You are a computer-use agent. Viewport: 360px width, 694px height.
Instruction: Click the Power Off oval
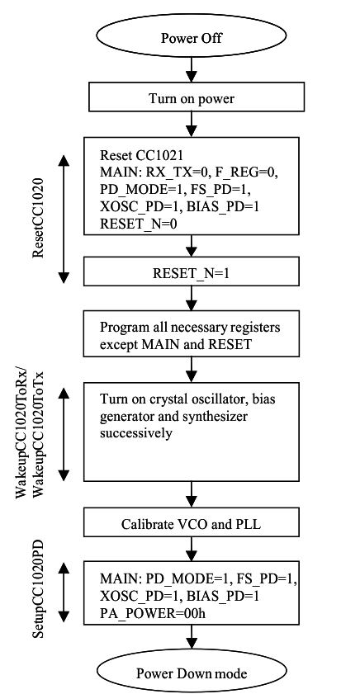pos(191,38)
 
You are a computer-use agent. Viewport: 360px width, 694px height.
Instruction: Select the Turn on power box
pos(191,100)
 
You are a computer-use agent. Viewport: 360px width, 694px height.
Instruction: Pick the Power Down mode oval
pos(191,673)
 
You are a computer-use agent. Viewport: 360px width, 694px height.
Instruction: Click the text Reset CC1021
pos(136,155)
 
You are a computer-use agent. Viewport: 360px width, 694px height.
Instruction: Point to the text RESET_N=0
pos(138,222)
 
